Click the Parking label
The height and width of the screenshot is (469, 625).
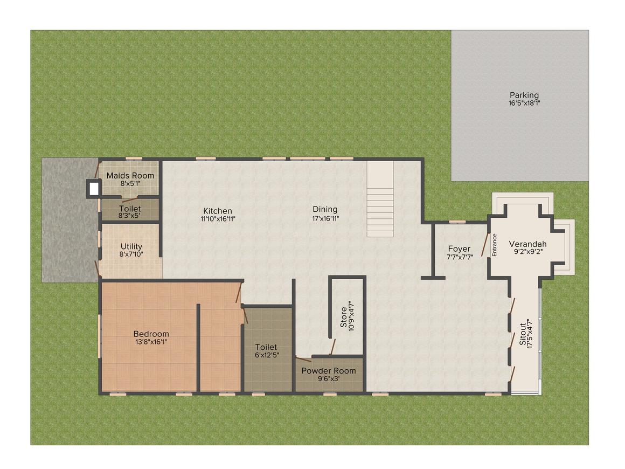pos(524,95)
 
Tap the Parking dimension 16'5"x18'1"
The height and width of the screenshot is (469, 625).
pos(524,103)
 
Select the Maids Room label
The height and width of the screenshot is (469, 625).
pos(130,176)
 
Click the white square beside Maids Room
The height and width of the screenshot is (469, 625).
pos(94,189)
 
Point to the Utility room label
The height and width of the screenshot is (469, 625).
pos(131,246)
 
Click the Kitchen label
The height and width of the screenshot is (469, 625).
pos(218,211)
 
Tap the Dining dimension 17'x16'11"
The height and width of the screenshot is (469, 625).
pos(325,218)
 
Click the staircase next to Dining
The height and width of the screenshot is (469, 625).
pos(380,199)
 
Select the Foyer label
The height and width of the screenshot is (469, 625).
pos(459,249)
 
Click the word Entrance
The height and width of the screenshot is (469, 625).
pos(495,244)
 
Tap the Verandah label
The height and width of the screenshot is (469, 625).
pos(527,244)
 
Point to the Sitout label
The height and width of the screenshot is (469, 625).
pos(523,334)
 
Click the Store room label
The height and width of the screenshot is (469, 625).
pos(344,318)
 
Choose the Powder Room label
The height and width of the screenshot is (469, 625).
pos(329,371)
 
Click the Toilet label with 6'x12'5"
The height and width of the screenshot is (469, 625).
pos(266,347)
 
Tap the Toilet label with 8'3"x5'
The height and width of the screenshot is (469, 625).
pos(130,209)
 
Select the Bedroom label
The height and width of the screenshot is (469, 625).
pos(151,334)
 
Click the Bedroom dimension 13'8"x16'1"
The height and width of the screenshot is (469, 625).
pos(151,342)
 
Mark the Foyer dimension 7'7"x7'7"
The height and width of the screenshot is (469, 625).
pos(460,257)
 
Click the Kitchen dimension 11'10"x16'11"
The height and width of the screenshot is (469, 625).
pos(218,218)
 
